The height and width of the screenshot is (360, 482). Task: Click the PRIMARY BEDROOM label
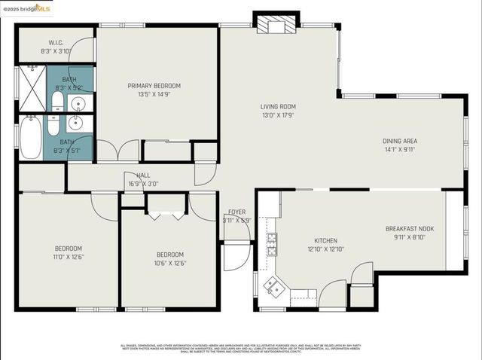[x=154, y=86]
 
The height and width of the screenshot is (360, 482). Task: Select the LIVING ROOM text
[x=278, y=107]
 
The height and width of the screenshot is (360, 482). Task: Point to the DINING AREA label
[x=399, y=141]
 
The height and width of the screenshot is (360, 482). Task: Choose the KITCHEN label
[x=325, y=240]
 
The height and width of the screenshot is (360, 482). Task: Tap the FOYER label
[x=236, y=213]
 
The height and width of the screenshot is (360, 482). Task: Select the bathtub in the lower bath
[x=31, y=137]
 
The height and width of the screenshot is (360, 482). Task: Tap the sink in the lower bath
[x=76, y=123]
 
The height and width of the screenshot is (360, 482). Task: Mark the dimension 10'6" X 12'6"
[x=170, y=263]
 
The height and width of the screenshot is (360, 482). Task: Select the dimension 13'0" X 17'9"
[x=278, y=115]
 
